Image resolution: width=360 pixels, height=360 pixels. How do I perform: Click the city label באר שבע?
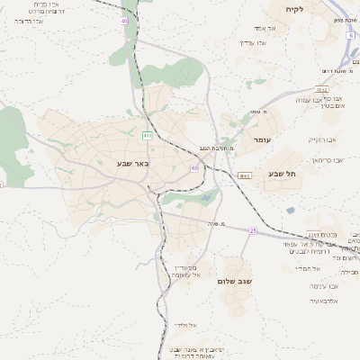click(x=131, y=164)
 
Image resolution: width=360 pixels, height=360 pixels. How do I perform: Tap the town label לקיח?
click(x=294, y=9)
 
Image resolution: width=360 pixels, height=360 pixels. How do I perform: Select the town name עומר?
click(x=262, y=139)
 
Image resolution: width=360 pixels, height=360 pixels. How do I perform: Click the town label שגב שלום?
click(x=235, y=281)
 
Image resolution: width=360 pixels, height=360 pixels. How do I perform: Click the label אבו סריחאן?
click(x=330, y=159)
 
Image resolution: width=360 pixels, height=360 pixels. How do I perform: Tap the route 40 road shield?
click(x=124, y=20)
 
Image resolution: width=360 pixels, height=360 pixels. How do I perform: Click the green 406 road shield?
click(x=147, y=135)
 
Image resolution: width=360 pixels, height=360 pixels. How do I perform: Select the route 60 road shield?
click(x=194, y=168)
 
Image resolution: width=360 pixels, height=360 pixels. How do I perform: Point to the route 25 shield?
click(x=254, y=231)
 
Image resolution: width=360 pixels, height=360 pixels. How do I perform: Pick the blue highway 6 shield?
click(x=350, y=35)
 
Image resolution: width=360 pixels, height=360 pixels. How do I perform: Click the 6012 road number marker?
click(x=321, y=90)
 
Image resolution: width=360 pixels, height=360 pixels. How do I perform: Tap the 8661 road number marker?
click(x=245, y=175)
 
